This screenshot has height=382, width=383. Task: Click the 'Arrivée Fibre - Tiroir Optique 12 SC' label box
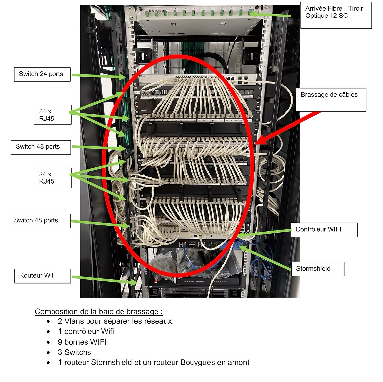click(336, 15)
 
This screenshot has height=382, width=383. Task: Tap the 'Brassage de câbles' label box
click(331, 99)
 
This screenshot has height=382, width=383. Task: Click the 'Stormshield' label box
click(317, 269)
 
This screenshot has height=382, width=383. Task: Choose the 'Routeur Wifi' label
click(42, 276)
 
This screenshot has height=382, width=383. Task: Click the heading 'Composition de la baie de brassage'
click(98, 312)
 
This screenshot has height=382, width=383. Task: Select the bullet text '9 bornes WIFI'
click(82, 342)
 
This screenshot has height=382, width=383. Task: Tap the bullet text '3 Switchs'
click(74, 352)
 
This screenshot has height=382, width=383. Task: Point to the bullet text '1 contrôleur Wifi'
click(86, 331)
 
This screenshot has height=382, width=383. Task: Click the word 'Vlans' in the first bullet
click(74, 321)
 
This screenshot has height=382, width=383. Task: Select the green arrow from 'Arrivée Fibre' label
click(271, 15)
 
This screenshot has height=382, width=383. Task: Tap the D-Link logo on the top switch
click(142, 76)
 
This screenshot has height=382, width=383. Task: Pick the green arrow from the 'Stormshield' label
click(267, 259)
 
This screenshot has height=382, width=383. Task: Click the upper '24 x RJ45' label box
click(52, 115)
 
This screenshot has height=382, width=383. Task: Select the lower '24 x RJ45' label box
click(52, 178)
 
